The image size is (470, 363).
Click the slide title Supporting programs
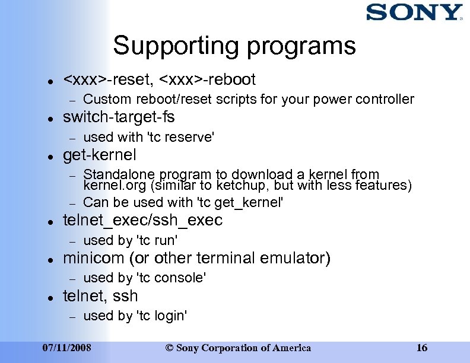pyautogui.click(x=234, y=46)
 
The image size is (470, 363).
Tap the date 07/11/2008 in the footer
pyautogui.click(x=67, y=348)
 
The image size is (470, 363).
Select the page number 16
pyautogui.click(x=421, y=348)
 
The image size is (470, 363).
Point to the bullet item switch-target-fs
pyautogui.click(x=119, y=117)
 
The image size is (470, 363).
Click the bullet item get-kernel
pyautogui.click(x=99, y=155)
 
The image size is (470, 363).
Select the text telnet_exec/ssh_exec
pyautogui.click(x=142, y=221)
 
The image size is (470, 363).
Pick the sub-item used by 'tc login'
pyautogui.click(x=135, y=316)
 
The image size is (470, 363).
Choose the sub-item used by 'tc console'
pyautogui.click(x=145, y=278)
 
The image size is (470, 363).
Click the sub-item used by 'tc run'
pyautogui.click(x=131, y=240)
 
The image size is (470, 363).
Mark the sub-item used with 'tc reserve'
pyautogui.click(x=148, y=137)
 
